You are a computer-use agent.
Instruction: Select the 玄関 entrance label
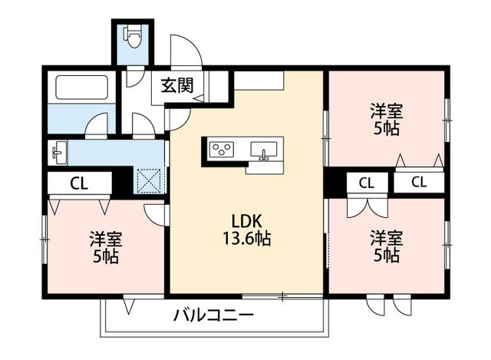click(x=176, y=86)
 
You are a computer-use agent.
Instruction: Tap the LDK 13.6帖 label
click(x=246, y=226)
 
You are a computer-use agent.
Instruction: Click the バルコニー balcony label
click(x=213, y=315)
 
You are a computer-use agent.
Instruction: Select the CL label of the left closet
click(x=77, y=183)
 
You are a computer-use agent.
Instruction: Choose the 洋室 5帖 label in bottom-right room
click(x=386, y=245)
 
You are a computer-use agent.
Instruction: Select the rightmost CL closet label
click(x=418, y=183)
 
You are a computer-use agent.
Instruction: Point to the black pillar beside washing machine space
click(x=121, y=183)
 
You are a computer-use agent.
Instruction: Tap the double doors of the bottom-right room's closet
click(x=358, y=207)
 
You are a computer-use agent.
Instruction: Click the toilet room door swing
click(x=135, y=76)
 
